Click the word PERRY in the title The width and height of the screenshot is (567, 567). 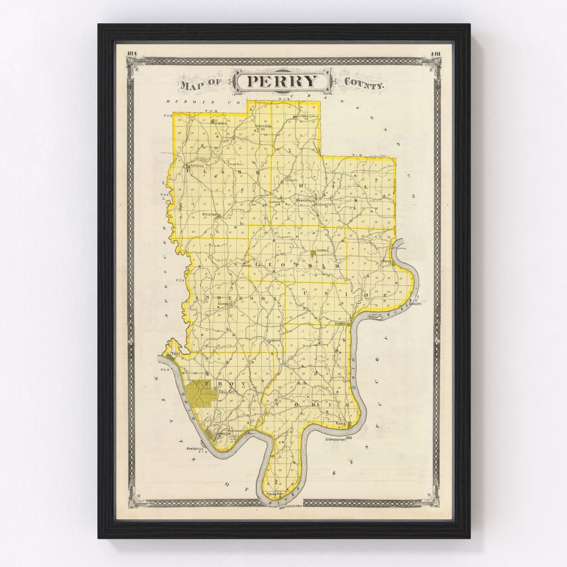282,82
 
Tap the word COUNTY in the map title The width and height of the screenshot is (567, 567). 364,82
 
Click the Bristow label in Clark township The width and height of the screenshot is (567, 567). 209,215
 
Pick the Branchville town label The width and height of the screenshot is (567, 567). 304,201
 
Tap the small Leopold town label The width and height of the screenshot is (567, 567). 322,251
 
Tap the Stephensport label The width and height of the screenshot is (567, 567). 337,439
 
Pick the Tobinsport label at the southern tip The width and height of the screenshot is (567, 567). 275,494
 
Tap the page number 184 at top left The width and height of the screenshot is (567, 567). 131,53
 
